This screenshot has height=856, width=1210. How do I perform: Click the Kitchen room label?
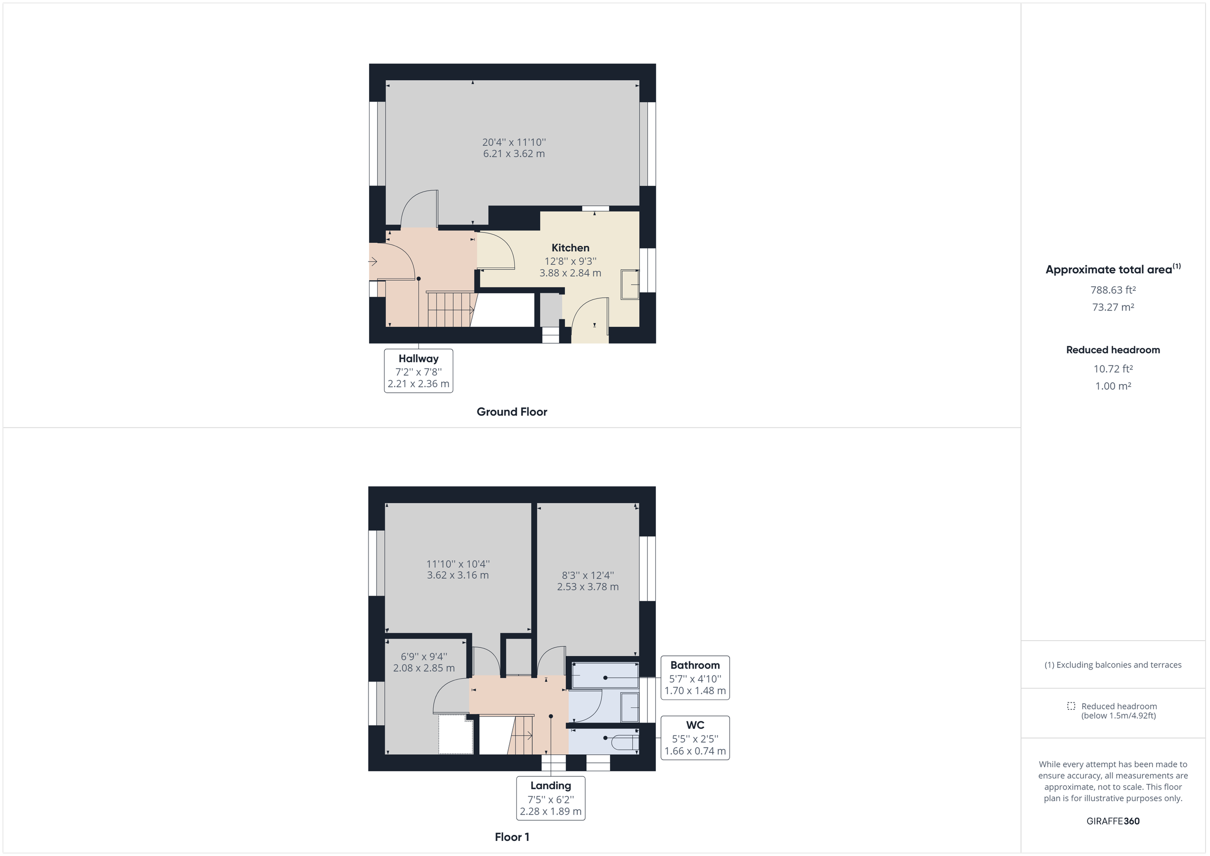[570, 248]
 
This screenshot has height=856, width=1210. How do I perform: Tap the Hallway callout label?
[418, 359]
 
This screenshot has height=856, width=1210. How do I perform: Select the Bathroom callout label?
[695, 665]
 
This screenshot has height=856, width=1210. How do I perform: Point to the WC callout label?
[695, 725]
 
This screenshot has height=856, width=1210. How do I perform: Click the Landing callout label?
[550, 785]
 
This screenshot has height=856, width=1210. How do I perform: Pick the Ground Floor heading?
[512, 412]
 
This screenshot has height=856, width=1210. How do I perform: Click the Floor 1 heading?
[512, 837]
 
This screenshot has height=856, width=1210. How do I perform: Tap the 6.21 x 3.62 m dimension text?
[514, 154]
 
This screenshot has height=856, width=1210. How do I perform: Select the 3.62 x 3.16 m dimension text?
[457, 575]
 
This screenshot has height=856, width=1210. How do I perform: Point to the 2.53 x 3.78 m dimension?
[588, 587]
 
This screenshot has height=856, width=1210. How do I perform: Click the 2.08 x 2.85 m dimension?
[423, 668]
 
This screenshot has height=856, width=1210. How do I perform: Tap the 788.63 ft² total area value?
[1113, 290]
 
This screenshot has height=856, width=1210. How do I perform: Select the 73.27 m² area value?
[1113, 307]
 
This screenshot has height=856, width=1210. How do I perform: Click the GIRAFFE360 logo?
[1113, 821]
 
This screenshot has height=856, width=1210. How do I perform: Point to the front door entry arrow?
[373, 262]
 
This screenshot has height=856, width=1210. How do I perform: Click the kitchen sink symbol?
[629, 285]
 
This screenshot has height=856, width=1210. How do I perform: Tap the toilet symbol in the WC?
[625, 742]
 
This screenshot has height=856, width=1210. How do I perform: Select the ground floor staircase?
[451, 310]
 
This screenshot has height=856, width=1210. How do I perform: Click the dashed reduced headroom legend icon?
[1071, 706]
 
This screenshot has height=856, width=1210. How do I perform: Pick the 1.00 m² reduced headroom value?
[1113, 386]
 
